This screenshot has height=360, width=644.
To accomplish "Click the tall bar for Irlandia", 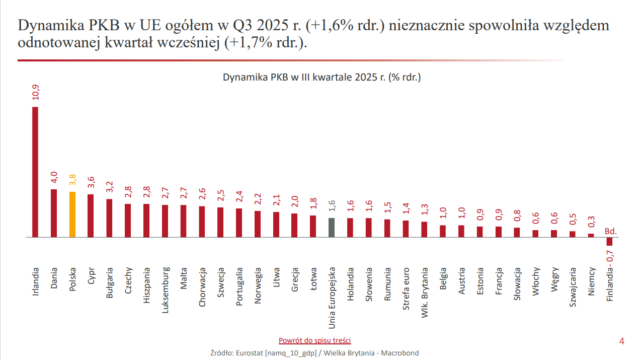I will tap(35, 172).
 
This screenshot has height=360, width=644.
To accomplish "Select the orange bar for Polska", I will tap(72, 214).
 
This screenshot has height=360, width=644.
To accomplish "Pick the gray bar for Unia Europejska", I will tap(332, 228).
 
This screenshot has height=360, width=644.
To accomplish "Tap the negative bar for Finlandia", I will tap(610, 241).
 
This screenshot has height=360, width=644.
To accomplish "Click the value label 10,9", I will tap(36, 93).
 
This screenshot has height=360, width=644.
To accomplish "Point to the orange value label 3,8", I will tap(72, 180).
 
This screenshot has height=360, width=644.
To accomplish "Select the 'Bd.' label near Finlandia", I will tap(610, 232).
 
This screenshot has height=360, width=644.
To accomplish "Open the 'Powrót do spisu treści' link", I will tap(314, 340).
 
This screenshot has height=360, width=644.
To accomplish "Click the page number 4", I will tap(621, 341).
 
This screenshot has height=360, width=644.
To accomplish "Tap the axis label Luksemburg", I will tap(165, 290).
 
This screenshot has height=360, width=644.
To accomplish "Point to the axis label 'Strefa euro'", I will tap(406, 287).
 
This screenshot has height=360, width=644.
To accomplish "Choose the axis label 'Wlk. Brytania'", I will tap(425, 291).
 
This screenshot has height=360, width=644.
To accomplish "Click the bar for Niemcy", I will tap(591, 235).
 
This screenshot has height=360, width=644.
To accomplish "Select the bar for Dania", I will tap(54, 213).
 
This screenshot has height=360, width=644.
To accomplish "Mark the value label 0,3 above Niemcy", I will tap(591, 222).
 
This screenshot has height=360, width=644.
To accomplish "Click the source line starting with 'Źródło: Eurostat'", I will tap(314, 353).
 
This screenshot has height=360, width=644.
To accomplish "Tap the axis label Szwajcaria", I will tap(573, 287).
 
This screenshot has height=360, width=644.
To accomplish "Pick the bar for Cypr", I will tap(91, 215).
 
